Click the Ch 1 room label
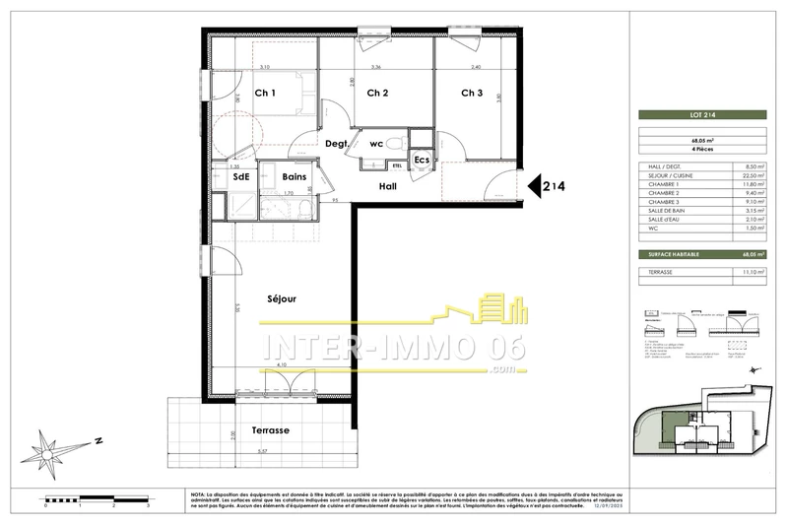[264, 94]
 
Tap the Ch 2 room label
[377, 94]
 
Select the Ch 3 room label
[472, 94]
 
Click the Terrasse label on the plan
[270, 430]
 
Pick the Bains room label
[294, 177]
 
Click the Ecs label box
[421, 161]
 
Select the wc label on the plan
[375, 144]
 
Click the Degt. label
[338, 144]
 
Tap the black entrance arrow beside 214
[538, 185]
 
